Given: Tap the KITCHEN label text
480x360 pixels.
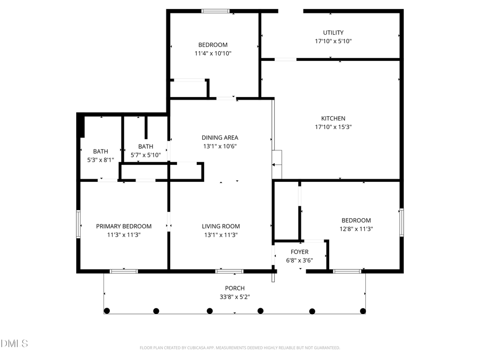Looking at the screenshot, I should [x=333, y=118].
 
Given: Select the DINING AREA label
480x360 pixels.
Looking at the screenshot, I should [x=219, y=138].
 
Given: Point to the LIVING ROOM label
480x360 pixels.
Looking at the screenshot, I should [x=220, y=226].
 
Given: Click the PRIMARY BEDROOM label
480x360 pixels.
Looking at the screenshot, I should [x=124, y=226].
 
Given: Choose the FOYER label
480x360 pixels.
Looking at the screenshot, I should [x=299, y=252].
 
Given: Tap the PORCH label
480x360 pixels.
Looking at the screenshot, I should [x=235, y=289].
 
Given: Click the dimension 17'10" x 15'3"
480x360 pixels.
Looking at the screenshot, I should [x=333, y=127].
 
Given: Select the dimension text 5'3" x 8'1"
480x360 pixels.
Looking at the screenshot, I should [x=100, y=159].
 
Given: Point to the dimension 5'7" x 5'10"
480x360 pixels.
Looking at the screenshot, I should [x=146, y=155].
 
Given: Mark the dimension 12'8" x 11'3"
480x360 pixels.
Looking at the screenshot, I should [x=356, y=229].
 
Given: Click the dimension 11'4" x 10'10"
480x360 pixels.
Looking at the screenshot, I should [x=213, y=53].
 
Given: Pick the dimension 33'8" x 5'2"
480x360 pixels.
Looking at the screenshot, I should [x=235, y=297].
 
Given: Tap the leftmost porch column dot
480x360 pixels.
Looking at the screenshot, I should [x=107, y=311].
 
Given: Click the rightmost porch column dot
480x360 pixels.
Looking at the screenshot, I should [x=363, y=311].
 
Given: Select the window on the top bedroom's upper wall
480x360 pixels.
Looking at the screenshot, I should [x=215, y=11].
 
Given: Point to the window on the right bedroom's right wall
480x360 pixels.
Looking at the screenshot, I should [x=402, y=222].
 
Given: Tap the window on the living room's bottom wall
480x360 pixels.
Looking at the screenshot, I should [x=229, y=271].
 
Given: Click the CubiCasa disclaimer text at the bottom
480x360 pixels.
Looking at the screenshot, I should [x=239, y=348].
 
